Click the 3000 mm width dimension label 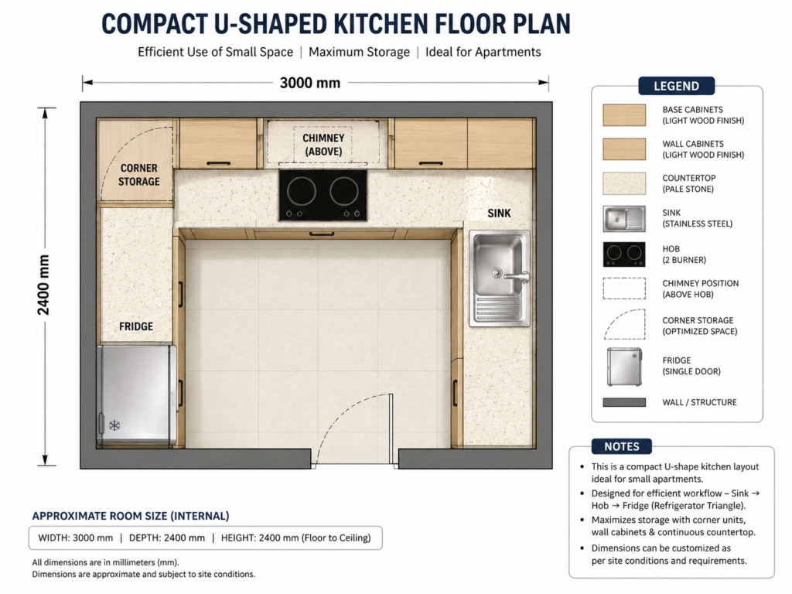pyautogui.click(x=310, y=83)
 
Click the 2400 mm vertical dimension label pyautogui.click(x=44, y=285)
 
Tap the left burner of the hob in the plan pyautogui.click(x=302, y=192)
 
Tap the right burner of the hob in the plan pyautogui.click(x=344, y=192)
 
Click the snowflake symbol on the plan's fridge pyautogui.click(x=114, y=425)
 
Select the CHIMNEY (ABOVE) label pyautogui.click(x=323, y=145)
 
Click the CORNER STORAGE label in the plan pyautogui.click(x=139, y=175)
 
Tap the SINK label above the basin pyautogui.click(x=499, y=213)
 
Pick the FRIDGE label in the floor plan pyautogui.click(x=136, y=326)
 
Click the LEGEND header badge pyautogui.click(x=676, y=86)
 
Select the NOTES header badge pyautogui.click(x=622, y=446)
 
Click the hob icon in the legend pyautogui.click(x=624, y=254)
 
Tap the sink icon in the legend pyautogui.click(x=624, y=219)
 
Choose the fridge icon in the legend pyautogui.click(x=624, y=367)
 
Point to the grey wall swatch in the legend pyautogui.click(x=624, y=402)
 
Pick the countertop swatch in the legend pyautogui.click(x=624, y=183)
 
